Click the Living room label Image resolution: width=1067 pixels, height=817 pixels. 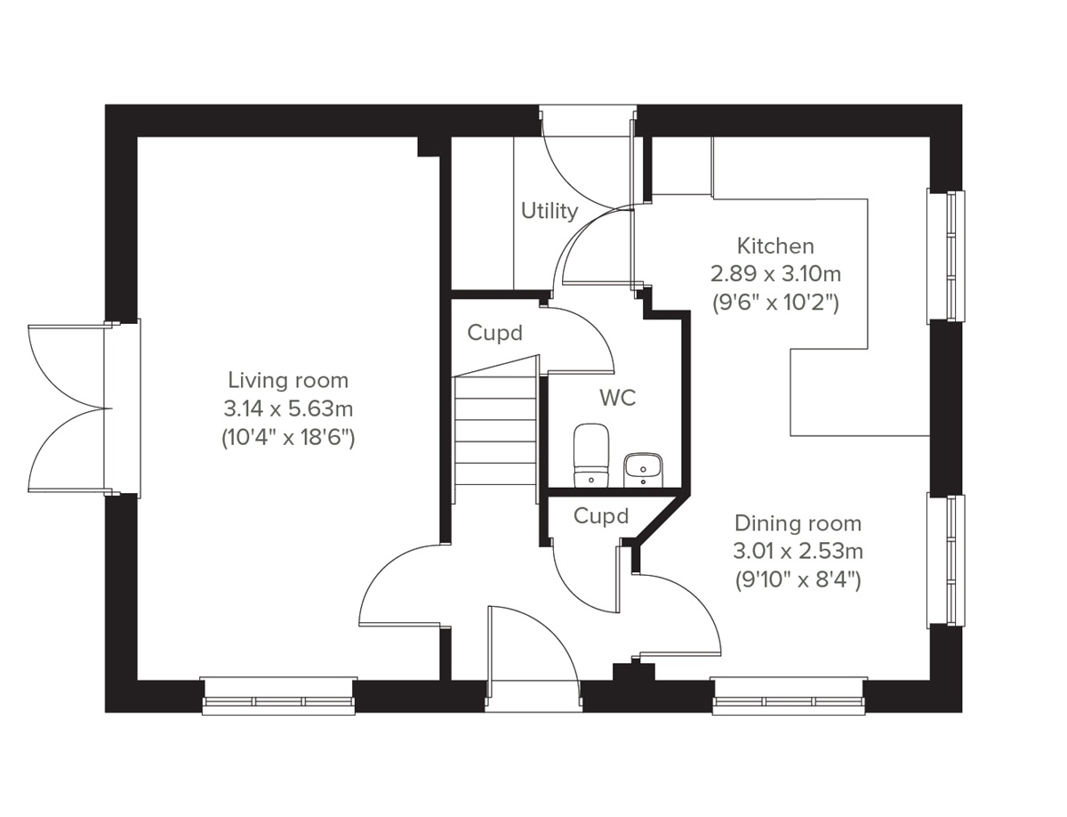(288, 381)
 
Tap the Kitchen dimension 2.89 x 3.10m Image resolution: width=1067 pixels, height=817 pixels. (775, 273)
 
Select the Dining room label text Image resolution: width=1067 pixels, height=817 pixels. (798, 523)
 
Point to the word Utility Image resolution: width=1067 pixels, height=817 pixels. (550, 211)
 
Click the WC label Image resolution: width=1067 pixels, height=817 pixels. (617, 398)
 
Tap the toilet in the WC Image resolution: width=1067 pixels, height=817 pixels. (590, 455)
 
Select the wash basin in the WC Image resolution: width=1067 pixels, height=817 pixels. (642, 468)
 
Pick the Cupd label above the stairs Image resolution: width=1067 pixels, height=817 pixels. (494, 334)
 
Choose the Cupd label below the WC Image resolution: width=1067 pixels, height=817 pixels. (600, 516)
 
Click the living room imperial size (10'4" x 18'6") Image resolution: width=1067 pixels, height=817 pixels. (288, 438)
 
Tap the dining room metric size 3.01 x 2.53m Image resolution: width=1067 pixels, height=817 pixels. (798, 552)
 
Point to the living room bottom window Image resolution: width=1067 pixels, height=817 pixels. (278, 695)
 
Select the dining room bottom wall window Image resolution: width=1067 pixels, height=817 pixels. (789, 695)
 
